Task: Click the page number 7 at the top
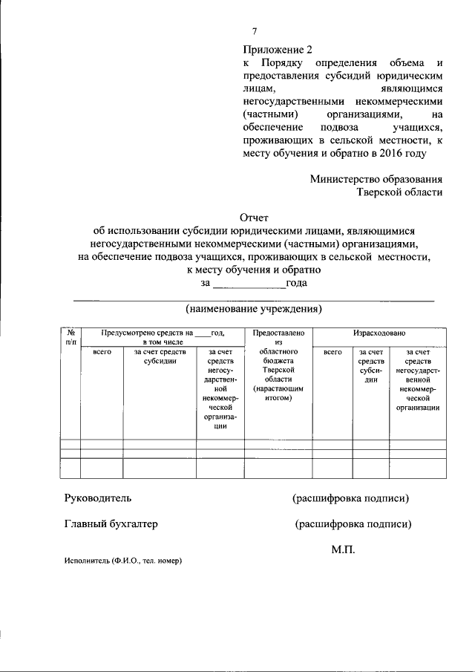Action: (255, 31)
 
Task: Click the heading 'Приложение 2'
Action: (275, 50)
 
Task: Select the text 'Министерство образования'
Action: (376, 178)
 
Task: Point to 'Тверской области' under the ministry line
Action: (400, 192)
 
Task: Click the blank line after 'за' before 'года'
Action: (249, 284)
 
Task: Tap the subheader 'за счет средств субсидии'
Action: (160, 356)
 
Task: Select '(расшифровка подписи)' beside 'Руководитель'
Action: (350, 498)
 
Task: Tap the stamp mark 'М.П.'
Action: (344, 549)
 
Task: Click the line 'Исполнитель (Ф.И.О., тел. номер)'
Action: (122, 561)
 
